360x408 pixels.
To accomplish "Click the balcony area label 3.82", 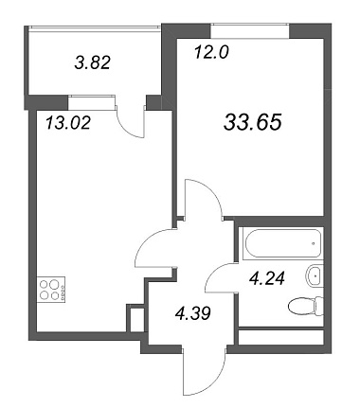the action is (x=92, y=62).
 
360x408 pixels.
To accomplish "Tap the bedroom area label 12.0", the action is (x=211, y=52).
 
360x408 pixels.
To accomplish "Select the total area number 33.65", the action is (x=252, y=122).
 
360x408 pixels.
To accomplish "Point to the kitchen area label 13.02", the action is (x=68, y=122).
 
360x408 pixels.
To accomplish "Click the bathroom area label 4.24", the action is (x=267, y=278).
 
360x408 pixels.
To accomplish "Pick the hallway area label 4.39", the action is (x=192, y=313).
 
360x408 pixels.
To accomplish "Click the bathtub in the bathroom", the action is (x=282, y=243).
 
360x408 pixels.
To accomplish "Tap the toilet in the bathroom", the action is (x=306, y=306).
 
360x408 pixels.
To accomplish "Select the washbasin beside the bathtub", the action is (x=315, y=276).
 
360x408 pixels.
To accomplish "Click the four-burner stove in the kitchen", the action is (x=51, y=290).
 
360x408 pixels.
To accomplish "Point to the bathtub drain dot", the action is (x=313, y=243).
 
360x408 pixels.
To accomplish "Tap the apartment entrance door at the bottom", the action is (x=204, y=368).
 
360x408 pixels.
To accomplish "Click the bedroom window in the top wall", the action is (x=250, y=31).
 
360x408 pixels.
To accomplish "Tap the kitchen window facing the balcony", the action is (x=91, y=102).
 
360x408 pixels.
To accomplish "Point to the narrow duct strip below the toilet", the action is (x=281, y=337).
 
